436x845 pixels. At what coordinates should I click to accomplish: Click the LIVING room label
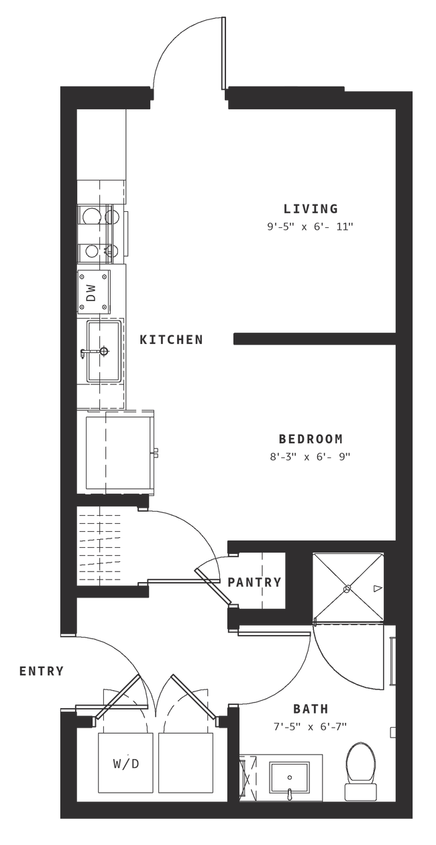(310, 207)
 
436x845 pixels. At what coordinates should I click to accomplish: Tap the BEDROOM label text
(311, 439)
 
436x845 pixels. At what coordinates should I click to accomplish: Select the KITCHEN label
(171, 340)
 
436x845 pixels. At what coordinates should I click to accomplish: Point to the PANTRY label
(254, 582)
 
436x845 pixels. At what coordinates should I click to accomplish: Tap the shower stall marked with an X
(347, 587)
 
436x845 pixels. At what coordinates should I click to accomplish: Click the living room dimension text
(310, 227)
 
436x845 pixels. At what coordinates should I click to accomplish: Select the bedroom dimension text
(311, 457)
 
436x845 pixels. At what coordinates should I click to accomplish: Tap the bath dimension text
(310, 725)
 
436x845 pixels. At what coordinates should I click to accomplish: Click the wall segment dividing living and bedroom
(312, 340)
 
